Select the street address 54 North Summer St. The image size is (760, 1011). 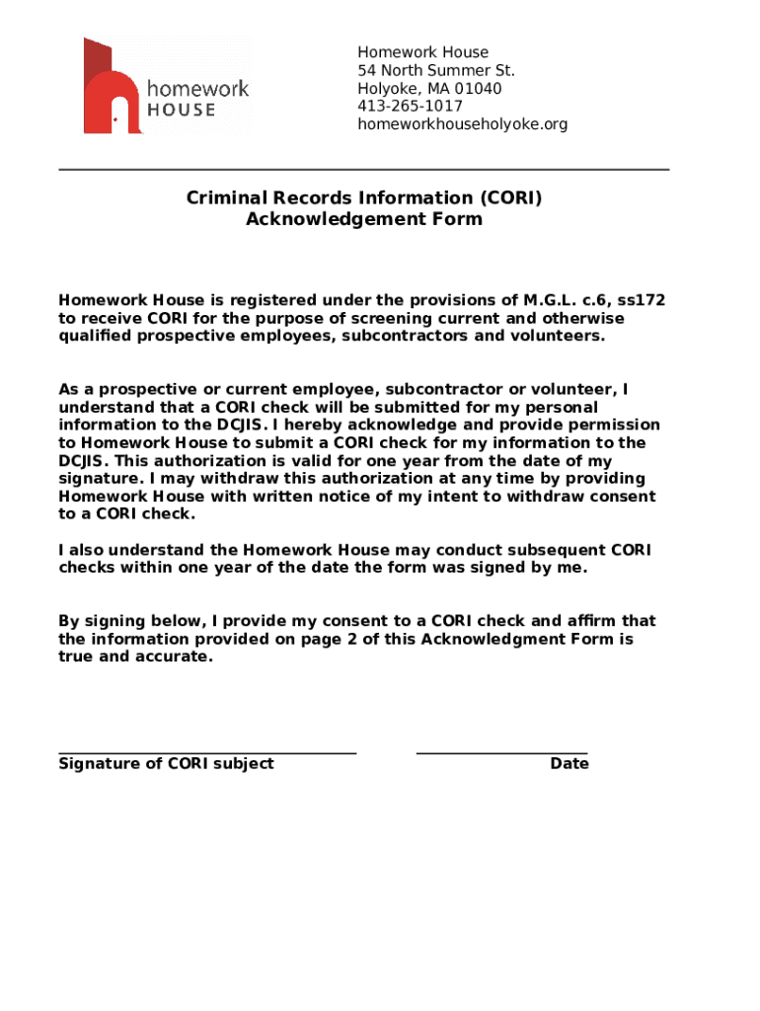[435, 71]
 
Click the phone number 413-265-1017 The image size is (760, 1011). [410, 107]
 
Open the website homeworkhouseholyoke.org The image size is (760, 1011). [462, 124]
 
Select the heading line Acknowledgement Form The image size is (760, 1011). [364, 219]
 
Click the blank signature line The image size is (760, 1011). [207, 752]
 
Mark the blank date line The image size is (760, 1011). [501, 752]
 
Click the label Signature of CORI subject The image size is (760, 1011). [166, 764]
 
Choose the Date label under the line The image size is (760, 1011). [570, 764]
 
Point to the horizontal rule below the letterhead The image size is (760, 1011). [364, 170]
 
